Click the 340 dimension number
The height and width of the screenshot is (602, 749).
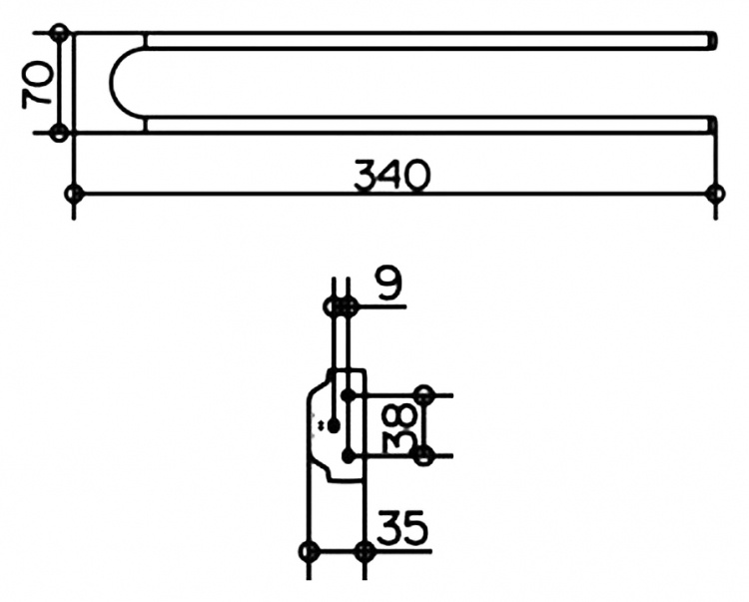point(391,175)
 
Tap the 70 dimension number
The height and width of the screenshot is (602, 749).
point(37,83)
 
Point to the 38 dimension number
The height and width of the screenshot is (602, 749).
point(400,427)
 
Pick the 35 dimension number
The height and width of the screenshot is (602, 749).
point(402,527)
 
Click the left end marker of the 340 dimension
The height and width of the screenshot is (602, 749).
point(74,194)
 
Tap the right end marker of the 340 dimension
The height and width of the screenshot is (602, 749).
point(715,194)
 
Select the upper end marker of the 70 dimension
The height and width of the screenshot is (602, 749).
point(59,33)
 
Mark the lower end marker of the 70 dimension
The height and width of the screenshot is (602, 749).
point(59,132)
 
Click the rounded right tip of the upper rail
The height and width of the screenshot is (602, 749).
point(713,40)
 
